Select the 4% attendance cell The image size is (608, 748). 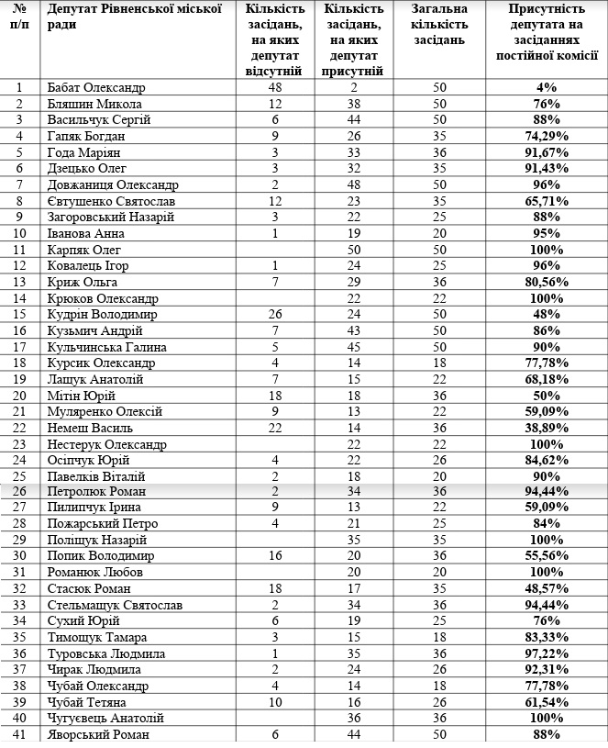tap(547, 88)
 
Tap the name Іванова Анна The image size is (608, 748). tap(84, 233)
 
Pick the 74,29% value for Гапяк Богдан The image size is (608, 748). tap(547, 137)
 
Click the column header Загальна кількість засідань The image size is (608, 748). tap(439, 31)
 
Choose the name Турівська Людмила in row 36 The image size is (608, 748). tap(105, 653)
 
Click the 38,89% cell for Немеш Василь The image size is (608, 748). tap(547, 428)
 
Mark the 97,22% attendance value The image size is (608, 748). tap(547, 653)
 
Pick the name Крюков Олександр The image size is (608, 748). tap(102, 298)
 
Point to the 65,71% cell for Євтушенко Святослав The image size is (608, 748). tap(547, 201)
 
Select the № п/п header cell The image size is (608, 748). tap(20, 17)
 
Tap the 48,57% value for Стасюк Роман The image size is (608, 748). tap(547, 588)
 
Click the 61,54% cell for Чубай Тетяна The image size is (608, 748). tap(547, 702)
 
